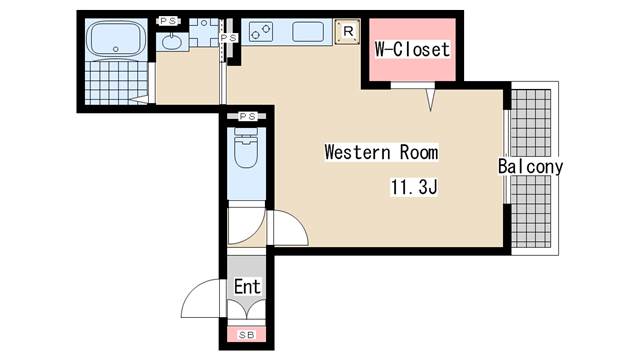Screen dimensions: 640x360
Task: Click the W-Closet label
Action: tap(412, 49)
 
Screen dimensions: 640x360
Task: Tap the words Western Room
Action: tap(381, 152)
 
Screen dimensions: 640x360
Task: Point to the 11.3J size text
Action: tap(414, 187)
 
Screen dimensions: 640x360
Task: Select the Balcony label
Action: tap(530, 167)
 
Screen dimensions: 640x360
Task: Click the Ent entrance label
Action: tap(247, 287)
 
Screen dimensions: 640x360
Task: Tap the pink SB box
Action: tap(247, 335)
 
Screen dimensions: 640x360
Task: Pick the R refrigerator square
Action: tap(347, 31)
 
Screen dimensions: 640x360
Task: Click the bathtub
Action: tap(116, 39)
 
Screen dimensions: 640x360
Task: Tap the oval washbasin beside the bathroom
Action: tap(172, 42)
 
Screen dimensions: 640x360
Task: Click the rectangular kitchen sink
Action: tap(308, 32)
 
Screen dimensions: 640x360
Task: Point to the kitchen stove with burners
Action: tap(261, 32)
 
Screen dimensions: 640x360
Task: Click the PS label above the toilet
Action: tap(247, 116)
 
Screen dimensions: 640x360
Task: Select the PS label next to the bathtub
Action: tap(168, 21)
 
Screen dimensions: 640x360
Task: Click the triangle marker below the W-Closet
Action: tap(430, 99)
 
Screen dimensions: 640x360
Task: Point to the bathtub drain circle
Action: tap(116, 49)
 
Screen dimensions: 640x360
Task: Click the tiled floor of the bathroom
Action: tap(116, 83)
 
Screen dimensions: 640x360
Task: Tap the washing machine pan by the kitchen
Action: tap(204, 32)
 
